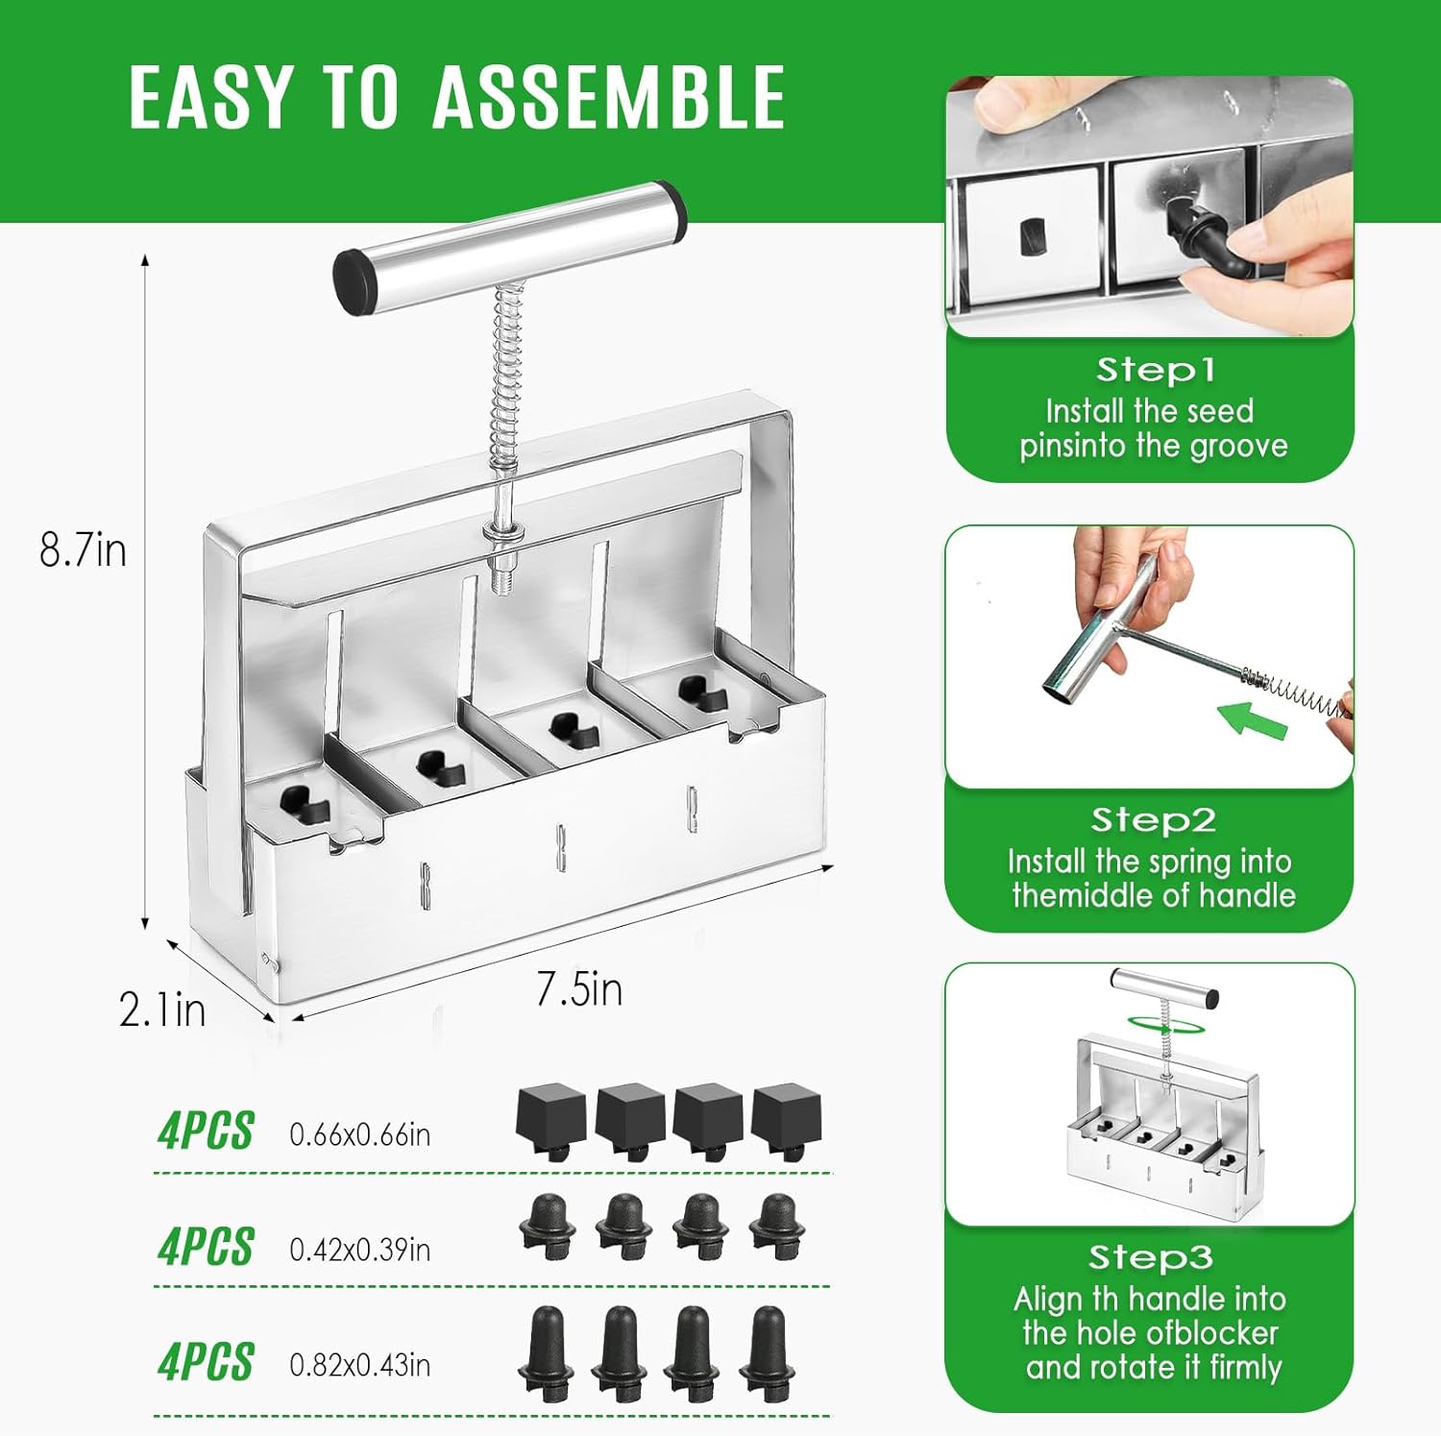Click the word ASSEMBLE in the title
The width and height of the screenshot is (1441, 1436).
[x=609, y=98]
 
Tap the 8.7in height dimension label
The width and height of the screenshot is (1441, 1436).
[x=83, y=550]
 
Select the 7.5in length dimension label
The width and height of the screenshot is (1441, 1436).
[x=579, y=989]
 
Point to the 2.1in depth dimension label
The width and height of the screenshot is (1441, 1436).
[x=161, y=1010]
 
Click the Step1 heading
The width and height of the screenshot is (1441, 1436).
[x=1155, y=370]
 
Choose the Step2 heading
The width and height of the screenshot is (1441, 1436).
[x=1153, y=820]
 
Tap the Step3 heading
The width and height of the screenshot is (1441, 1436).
[x=1150, y=1257]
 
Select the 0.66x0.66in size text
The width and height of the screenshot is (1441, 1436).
[x=359, y=1135]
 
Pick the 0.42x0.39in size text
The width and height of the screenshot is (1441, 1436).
[x=359, y=1250]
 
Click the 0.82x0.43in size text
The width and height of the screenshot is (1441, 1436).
[x=359, y=1365]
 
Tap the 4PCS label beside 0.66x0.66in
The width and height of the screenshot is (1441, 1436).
[x=206, y=1131]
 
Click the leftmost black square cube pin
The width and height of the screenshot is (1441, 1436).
[x=551, y=1118]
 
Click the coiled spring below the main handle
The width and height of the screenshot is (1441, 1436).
[x=507, y=365]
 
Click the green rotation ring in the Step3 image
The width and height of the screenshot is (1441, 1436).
[x=1165, y=1025]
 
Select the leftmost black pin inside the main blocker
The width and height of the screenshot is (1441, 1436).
[x=305, y=804]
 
